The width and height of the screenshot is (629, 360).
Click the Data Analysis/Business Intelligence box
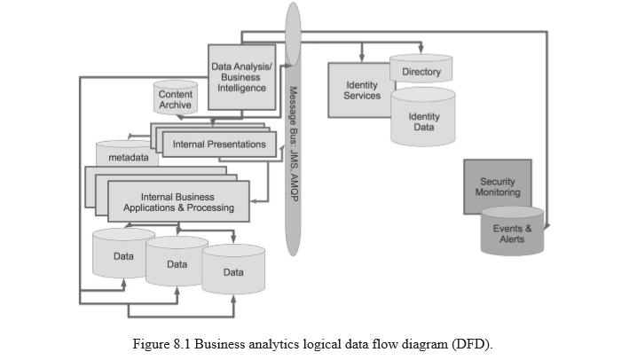coord(242,77)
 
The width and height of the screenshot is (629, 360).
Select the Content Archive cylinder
coord(176,98)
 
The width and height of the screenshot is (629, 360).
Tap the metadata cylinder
coord(127,153)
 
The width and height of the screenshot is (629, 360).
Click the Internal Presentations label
coord(219,145)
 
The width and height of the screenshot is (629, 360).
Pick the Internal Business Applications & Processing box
coord(178,201)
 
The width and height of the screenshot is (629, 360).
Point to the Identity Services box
coord(362,90)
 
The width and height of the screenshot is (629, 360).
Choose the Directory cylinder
coord(421,69)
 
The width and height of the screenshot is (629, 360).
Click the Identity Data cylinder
coord(423,117)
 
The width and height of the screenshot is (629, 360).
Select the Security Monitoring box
coord(498,186)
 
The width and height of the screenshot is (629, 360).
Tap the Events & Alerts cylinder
coord(512,231)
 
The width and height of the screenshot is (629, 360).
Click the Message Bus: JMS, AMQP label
coord(294,145)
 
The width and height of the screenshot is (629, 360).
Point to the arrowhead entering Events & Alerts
coord(546,227)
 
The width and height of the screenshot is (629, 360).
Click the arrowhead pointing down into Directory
coord(421,50)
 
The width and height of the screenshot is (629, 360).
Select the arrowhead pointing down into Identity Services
coord(362,59)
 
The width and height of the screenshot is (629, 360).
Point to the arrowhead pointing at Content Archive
coord(180,117)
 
